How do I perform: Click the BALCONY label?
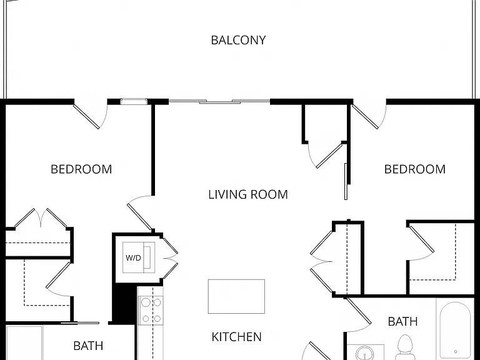coord(238,40)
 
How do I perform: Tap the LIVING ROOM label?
coord(248,195)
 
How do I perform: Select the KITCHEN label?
coord(237,337)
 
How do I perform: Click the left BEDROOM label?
coord(81,169)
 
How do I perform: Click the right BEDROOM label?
coord(415,169)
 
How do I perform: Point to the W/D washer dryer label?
coord(133,257)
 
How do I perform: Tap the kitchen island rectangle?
coord(236,296)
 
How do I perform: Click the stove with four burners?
coord(151,311)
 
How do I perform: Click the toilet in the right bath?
coord(405,347)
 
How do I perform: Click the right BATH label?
coord(402,321)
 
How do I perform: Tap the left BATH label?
coord(88,346)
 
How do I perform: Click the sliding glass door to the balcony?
coord(219,101)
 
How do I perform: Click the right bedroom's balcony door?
coord(369,116)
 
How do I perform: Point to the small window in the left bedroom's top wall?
coord(134,101)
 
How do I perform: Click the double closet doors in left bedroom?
coord(41,218)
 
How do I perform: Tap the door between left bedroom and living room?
coord(140,212)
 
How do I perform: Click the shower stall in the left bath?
coord(24,343)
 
